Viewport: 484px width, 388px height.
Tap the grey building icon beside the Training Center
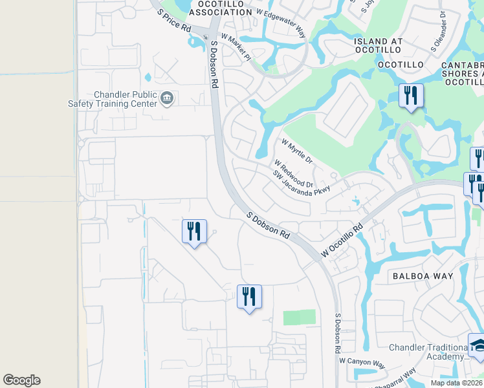[x=167, y=98]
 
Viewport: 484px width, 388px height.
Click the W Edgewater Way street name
[x=280, y=21]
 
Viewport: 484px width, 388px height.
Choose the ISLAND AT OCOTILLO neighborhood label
[x=379, y=45]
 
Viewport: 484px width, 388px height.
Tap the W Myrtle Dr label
[x=296, y=151]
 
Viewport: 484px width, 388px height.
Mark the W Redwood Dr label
[x=293, y=173]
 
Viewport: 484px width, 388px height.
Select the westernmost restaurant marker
[x=194, y=232]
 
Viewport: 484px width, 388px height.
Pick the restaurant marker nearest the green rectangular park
[x=249, y=297]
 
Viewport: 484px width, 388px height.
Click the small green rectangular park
[x=299, y=317]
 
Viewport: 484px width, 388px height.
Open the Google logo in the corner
[x=21, y=380]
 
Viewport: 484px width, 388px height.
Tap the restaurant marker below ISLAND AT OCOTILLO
[x=411, y=96]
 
